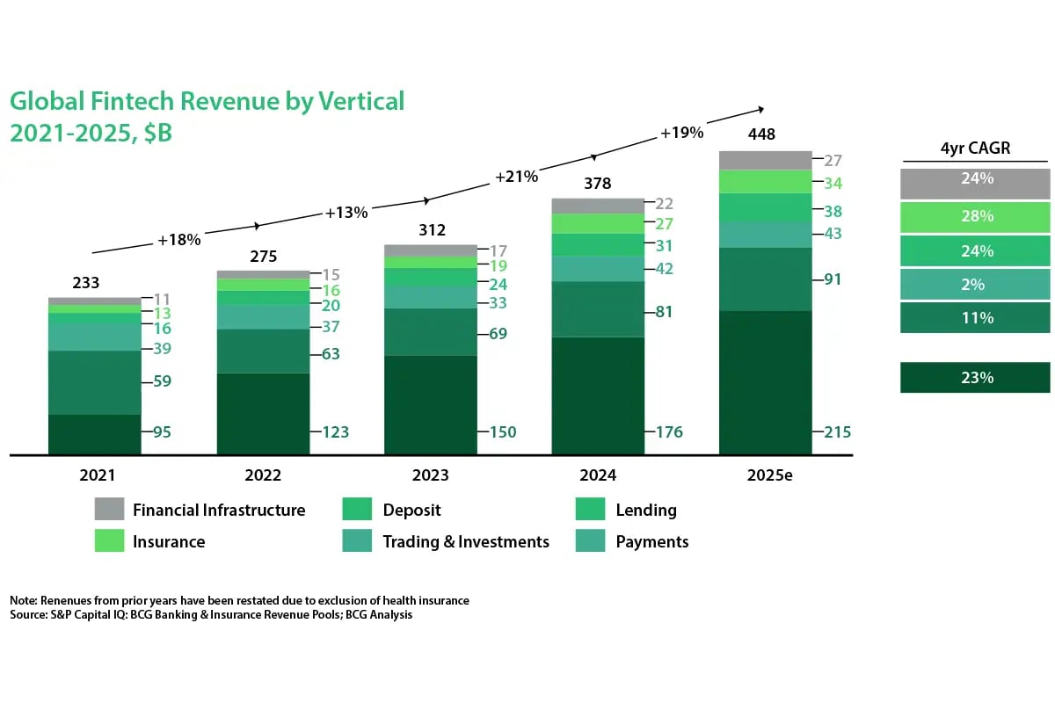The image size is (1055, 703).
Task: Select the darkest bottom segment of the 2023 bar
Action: pos(431,404)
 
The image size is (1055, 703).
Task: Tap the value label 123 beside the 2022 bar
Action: pos(335,432)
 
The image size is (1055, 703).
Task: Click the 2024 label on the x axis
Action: pos(598,475)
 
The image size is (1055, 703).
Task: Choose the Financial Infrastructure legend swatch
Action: pos(110,510)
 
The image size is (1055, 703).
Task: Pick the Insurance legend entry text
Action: pos(169,541)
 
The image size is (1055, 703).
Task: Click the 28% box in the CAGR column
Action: pos(976,216)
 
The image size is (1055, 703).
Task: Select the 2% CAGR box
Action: pos(976,285)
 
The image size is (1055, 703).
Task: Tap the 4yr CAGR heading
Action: pos(976,149)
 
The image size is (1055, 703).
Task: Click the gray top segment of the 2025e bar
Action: pos(764,160)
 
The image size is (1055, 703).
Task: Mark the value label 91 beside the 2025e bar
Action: pos(833,279)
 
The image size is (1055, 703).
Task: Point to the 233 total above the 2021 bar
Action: pos(86,283)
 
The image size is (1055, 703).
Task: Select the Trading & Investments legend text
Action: pos(466,541)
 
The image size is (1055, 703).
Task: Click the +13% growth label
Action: pos(346,213)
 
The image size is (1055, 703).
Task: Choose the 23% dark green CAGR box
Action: pos(976,378)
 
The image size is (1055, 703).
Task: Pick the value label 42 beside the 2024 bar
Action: pos(664,269)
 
